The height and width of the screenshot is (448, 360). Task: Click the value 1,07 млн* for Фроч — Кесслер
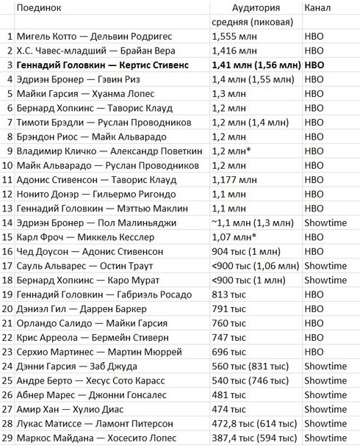point(234,237)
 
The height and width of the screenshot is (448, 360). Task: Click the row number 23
point(7,352)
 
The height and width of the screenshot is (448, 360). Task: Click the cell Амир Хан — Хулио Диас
point(73,410)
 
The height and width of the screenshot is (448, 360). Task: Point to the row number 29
point(7,438)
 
